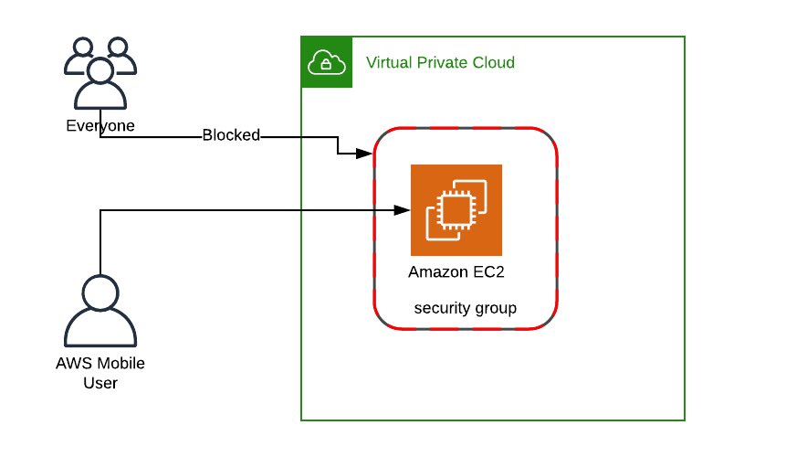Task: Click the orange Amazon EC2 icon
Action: click(x=456, y=210)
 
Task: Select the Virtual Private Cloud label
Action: click(x=440, y=63)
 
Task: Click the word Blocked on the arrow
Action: click(x=231, y=135)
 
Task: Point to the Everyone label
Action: click(x=100, y=126)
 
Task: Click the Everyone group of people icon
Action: click(x=100, y=74)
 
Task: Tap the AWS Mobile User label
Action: click(x=100, y=373)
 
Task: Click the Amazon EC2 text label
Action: click(x=456, y=271)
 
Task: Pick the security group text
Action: click(x=466, y=308)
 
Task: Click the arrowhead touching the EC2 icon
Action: click(x=402, y=210)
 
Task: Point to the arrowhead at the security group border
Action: click(x=368, y=153)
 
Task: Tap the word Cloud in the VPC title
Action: click(x=493, y=63)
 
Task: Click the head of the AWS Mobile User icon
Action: click(x=100, y=292)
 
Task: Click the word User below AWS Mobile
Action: click(x=100, y=383)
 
